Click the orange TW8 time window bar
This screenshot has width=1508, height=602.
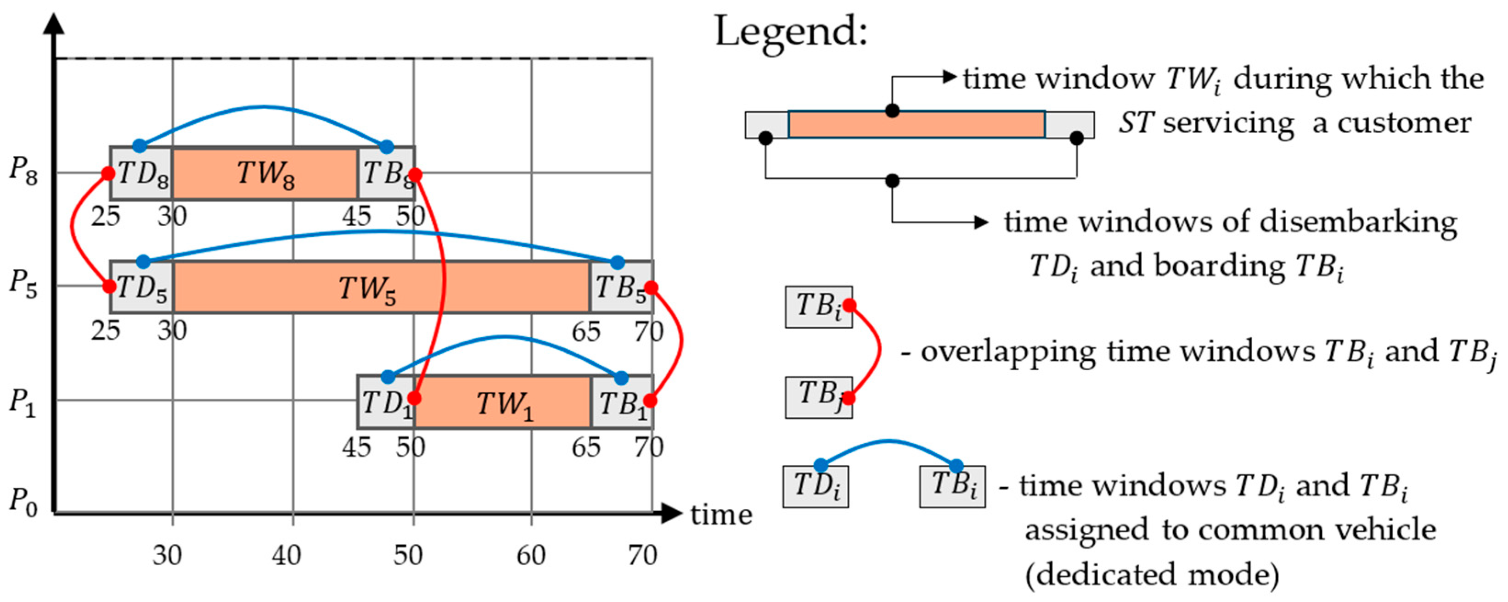(x=265, y=173)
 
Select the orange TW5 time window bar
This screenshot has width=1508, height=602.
(x=382, y=287)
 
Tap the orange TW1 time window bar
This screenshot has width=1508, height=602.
(x=503, y=402)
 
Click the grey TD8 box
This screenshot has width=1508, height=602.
(x=142, y=173)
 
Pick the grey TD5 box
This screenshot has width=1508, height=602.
(x=142, y=287)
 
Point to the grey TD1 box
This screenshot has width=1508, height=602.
(x=386, y=402)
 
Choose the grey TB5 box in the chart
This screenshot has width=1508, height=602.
(x=622, y=287)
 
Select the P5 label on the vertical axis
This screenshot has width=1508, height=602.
(x=24, y=284)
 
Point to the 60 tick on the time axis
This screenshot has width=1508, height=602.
(x=530, y=555)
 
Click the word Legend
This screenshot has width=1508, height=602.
(x=791, y=33)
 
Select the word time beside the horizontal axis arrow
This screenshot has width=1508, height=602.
(x=721, y=515)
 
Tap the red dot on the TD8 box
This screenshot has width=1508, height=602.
(x=108, y=173)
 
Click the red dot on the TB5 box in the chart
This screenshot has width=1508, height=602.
(x=651, y=287)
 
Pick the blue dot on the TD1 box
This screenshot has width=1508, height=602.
(x=388, y=377)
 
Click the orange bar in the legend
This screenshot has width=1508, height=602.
(x=916, y=124)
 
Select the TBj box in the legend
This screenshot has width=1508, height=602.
(x=818, y=397)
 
